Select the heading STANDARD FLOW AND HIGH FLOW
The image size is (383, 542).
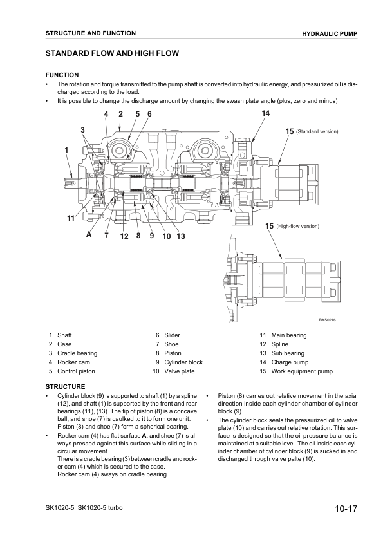(112, 53)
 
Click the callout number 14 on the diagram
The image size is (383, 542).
(265, 113)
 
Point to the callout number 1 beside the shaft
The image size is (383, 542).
(66, 150)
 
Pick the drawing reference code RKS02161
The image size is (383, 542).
(328, 320)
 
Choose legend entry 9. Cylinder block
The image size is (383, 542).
(178, 362)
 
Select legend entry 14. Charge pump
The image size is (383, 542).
(284, 362)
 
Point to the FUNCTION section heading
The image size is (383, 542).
(61, 75)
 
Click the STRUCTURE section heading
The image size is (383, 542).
(65, 386)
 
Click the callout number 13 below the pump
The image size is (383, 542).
(181, 236)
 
